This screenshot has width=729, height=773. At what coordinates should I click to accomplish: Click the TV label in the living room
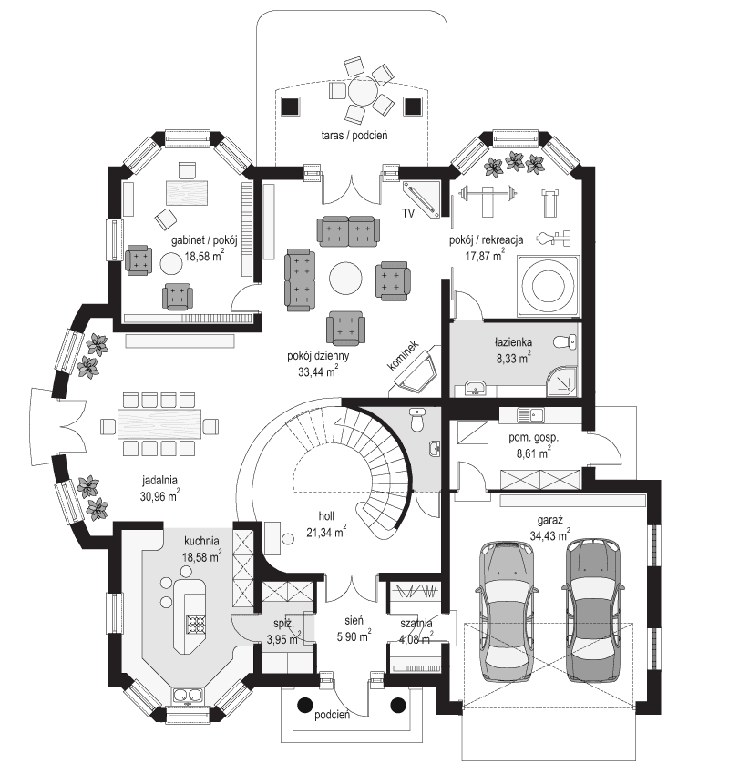click(408, 213)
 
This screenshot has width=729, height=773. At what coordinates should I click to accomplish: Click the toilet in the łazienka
click(570, 342)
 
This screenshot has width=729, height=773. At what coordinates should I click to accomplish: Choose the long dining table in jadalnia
click(159, 424)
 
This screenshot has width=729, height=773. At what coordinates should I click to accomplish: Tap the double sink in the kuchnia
click(189, 697)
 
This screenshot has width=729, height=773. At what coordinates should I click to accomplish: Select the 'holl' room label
click(325, 514)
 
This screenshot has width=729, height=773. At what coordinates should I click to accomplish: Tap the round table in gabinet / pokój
click(172, 264)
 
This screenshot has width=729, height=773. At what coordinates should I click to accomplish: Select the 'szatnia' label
click(416, 623)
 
